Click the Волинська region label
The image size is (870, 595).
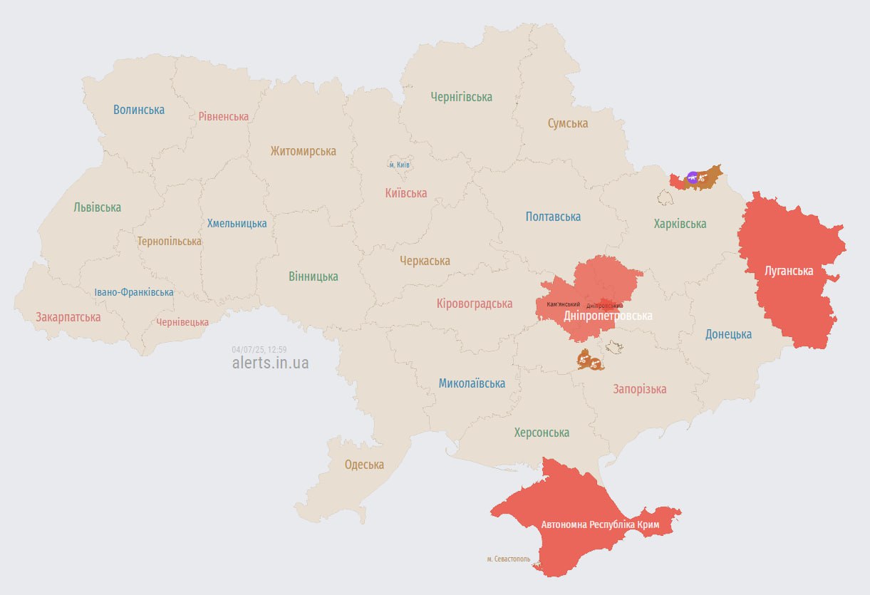pyautogui.click(x=139, y=110)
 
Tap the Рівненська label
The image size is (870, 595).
pyautogui.click(x=224, y=116)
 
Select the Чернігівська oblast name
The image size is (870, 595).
pyautogui.click(x=461, y=97)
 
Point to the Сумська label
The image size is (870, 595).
pyautogui.click(x=568, y=123)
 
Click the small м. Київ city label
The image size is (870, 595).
pyautogui.click(x=399, y=165)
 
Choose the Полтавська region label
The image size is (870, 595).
pyautogui.click(x=553, y=217)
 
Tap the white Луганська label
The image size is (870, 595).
pyautogui.click(x=789, y=271)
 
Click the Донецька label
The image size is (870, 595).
pyautogui.click(x=728, y=334)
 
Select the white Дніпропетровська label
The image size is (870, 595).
pyautogui.click(x=608, y=316)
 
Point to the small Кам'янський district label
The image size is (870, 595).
pyautogui.click(x=563, y=304)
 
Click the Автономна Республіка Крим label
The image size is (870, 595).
pyautogui.click(x=601, y=525)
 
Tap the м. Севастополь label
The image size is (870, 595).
pyautogui.click(x=509, y=559)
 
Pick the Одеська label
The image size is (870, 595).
pyautogui.click(x=364, y=465)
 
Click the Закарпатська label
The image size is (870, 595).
pyautogui.click(x=68, y=317)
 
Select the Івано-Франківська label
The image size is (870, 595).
pyautogui.click(x=134, y=292)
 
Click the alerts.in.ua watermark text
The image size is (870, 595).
pyautogui.click(x=271, y=363)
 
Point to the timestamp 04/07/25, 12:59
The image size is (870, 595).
pyautogui.click(x=259, y=350)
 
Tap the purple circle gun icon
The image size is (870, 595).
pyautogui.click(x=692, y=177)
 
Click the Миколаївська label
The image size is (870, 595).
pyautogui.click(x=472, y=383)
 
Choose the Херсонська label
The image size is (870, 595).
pyautogui.click(x=542, y=433)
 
